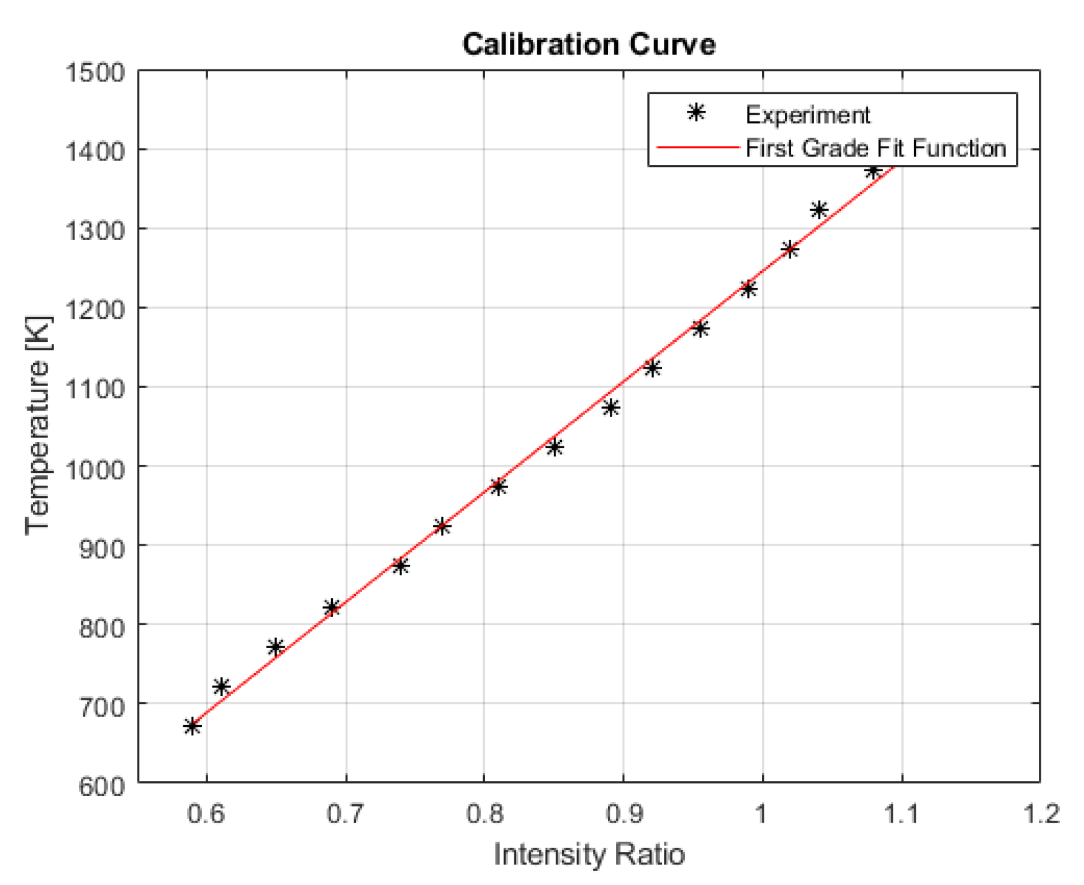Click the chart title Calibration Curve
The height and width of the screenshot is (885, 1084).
tap(589, 45)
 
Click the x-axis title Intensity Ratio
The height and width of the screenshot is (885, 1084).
tap(589, 854)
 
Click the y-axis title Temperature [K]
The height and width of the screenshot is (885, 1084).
tap(38, 425)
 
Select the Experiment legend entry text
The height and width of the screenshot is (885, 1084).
tap(807, 115)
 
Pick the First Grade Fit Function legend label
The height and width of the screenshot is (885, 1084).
tap(875, 148)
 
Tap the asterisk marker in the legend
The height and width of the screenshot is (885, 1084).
tap(696, 113)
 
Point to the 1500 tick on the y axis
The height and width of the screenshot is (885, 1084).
tap(95, 73)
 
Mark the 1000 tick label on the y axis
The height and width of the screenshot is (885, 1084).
tap(95, 469)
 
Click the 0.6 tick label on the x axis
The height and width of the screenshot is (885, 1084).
tap(206, 814)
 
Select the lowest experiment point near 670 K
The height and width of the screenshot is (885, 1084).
tap(192, 726)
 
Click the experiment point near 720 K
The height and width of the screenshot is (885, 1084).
tap(221, 686)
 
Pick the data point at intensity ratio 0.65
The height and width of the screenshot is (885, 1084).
tap(276, 648)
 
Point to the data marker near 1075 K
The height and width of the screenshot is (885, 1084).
tap(611, 408)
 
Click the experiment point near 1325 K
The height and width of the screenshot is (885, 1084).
tap(819, 210)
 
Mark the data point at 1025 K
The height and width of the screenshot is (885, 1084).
tap(555, 448)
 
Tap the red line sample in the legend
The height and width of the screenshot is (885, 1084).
tap(697, 148)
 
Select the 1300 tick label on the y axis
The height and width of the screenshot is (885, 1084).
tap(95, 230)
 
